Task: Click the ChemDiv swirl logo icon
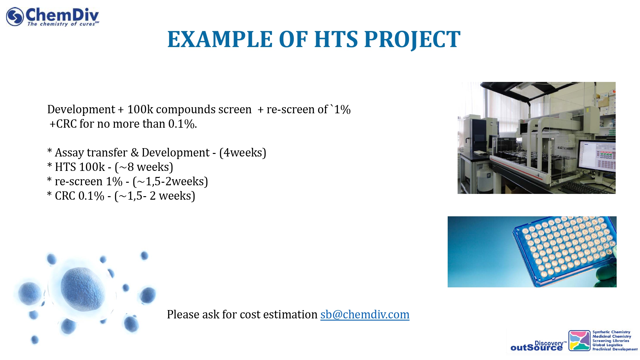point(15,16)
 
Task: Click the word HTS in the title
point(336,39)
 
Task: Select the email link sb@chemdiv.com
point(365,315)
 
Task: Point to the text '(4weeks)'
point(243,153)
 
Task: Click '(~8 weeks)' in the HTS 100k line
point(144,167)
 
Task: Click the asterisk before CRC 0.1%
point(49,194)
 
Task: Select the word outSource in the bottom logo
point(536,348)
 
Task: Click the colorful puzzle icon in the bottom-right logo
point(579,340)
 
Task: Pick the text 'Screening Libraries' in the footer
point(611,341)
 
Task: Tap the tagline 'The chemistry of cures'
point(61,24)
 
